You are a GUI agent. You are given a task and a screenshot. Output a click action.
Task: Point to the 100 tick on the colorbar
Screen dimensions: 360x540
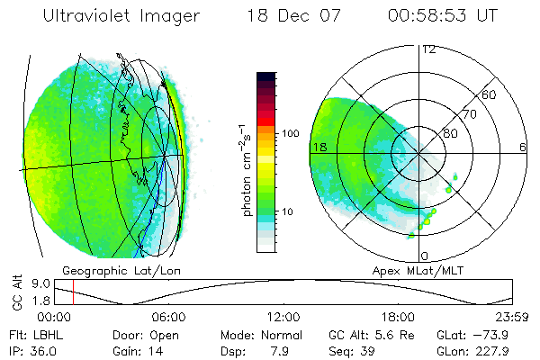[x=290, y=133]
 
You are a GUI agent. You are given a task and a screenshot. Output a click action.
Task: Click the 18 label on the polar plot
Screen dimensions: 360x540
[x=319, y=146]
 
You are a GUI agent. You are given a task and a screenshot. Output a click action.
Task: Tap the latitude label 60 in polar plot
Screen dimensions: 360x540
[x=490, y=94]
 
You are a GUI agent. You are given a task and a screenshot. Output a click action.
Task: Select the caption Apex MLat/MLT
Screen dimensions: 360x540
[x=418, y=270]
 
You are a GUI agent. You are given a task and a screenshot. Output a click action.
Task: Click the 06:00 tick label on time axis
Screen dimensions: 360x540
[x=168, y=317]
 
